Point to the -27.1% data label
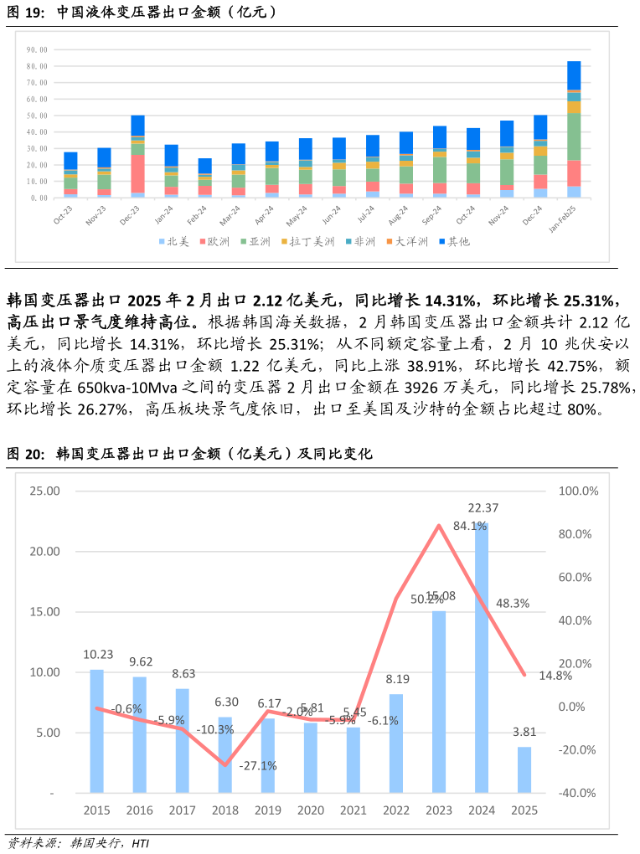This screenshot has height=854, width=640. tap(258, 765)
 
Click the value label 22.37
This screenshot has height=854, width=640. tap(482, 507)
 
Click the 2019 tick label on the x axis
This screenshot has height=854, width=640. tap(268, 810)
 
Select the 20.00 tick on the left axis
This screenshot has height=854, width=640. tap(44, 552)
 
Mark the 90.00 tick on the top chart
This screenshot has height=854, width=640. tap(37, 49)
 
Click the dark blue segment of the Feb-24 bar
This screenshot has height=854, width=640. tap(205, 165)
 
